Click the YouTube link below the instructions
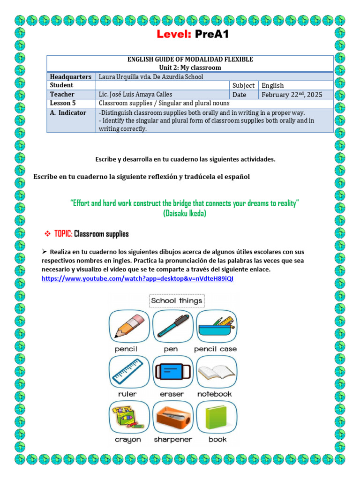tap(137, 278)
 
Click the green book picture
tap(216, 417)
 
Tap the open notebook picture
tap(216, 372)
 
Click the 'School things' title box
tap(176, 301)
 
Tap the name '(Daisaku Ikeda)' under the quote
tap(185, 213)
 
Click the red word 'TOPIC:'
tap(63, 233)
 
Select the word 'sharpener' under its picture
tap(173, 440)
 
